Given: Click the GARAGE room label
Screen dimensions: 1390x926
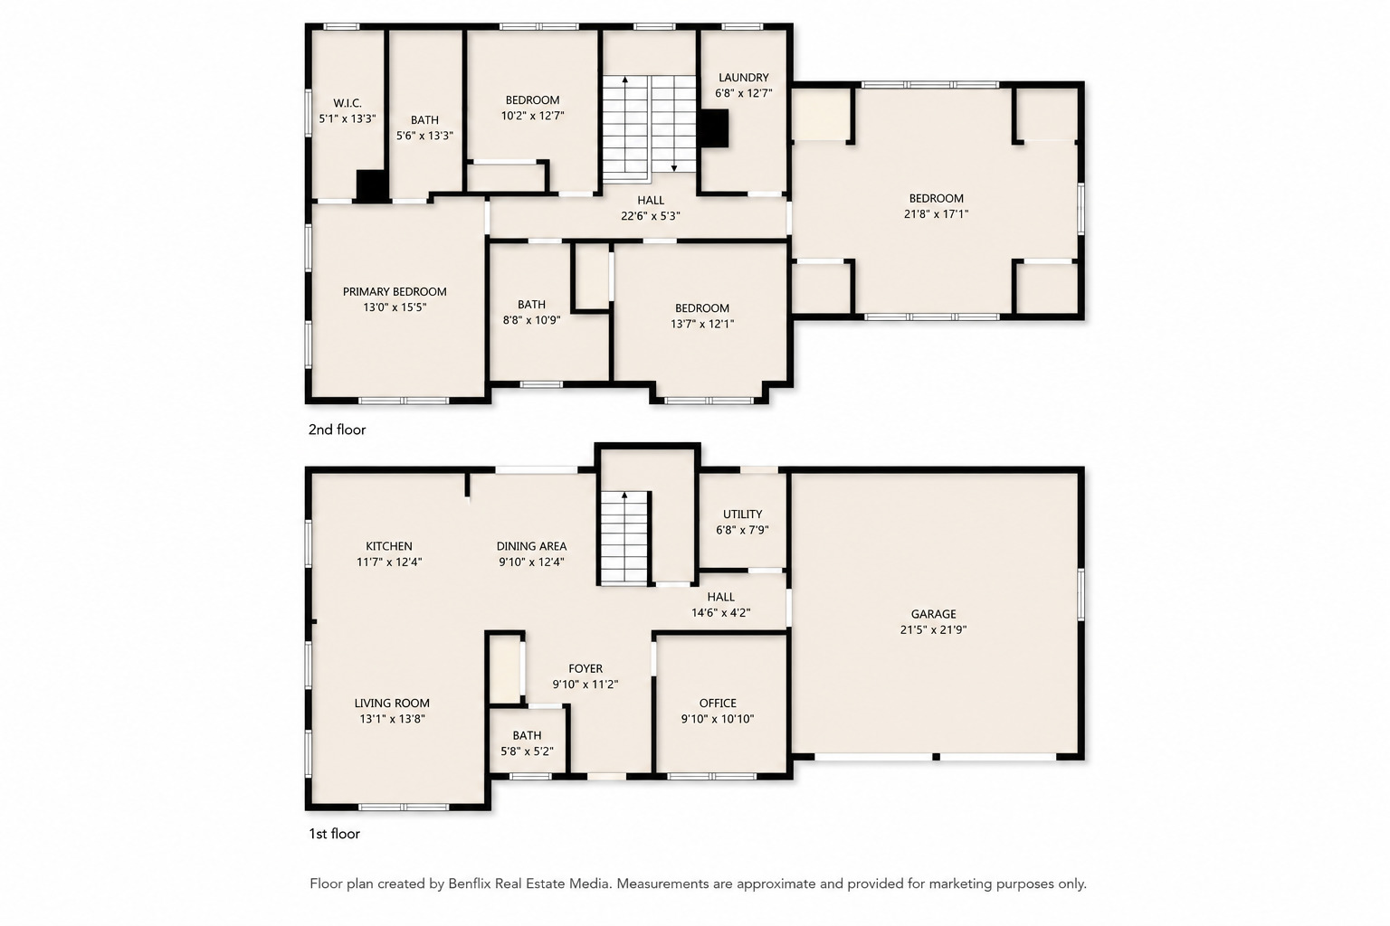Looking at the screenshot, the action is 933,614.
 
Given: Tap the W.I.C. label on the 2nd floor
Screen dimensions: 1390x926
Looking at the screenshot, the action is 347,103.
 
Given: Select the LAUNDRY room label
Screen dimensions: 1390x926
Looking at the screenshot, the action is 743,78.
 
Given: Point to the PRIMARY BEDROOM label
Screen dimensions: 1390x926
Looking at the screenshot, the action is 395,291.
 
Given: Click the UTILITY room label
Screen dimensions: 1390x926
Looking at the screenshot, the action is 743,515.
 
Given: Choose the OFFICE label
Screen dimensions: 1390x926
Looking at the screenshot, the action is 718,704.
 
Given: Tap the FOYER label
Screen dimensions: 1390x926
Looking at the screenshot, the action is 586,668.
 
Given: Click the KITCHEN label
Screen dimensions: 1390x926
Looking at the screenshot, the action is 389,546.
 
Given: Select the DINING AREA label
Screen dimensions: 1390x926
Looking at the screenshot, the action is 532,546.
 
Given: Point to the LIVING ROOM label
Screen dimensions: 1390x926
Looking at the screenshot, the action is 392,704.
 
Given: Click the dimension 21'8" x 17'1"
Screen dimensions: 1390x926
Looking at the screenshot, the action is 937,214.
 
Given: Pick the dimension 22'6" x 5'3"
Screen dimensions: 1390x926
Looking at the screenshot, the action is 651,216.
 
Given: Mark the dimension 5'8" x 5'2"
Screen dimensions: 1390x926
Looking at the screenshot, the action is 528,751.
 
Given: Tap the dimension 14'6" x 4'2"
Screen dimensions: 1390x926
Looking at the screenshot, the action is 721,613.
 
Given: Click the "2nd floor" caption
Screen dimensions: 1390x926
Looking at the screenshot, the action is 337,430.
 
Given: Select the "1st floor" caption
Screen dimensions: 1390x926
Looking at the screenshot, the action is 335,834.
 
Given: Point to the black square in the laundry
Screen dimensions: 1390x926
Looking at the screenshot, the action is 713,128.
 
